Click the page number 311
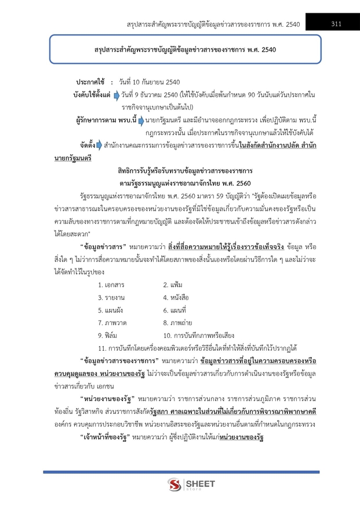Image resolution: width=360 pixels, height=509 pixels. point(335,24)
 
